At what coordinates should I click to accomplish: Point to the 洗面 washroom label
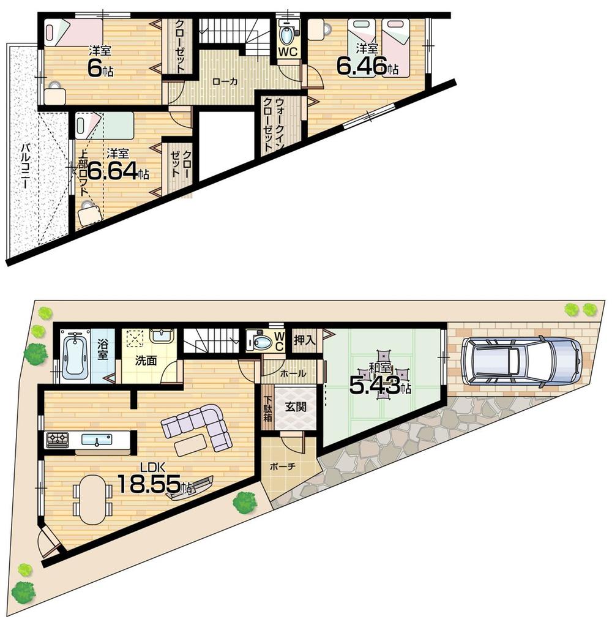(x=147, y=361)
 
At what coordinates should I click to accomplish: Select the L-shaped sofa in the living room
(x=199, y=426)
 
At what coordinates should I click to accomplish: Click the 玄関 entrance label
(x=295, y=406)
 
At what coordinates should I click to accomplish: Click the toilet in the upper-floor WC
(x=286, y=31)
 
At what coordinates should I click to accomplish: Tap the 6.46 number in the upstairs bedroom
(x=362, y=66)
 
